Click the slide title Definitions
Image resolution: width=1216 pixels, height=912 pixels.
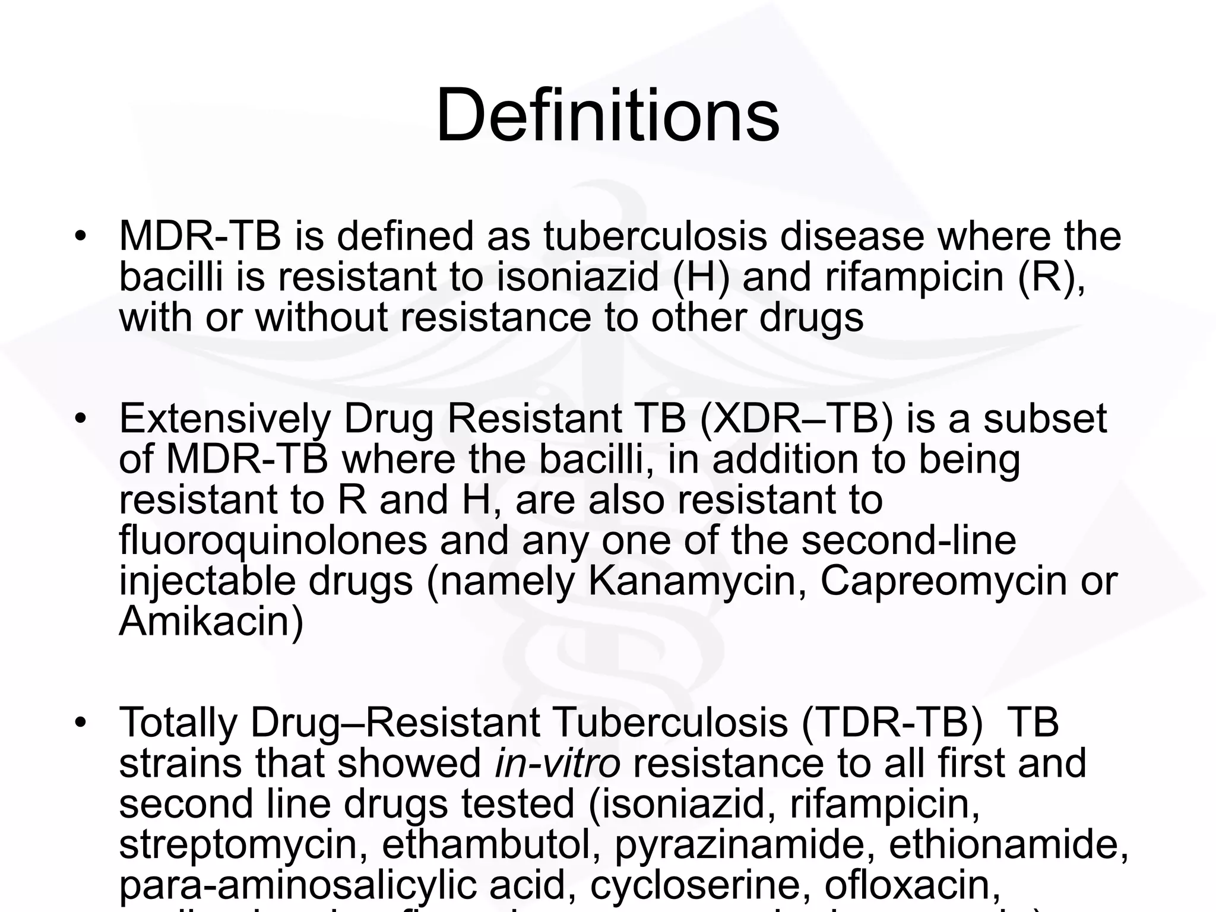point(607,115)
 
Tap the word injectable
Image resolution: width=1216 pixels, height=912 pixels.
point(207,582)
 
